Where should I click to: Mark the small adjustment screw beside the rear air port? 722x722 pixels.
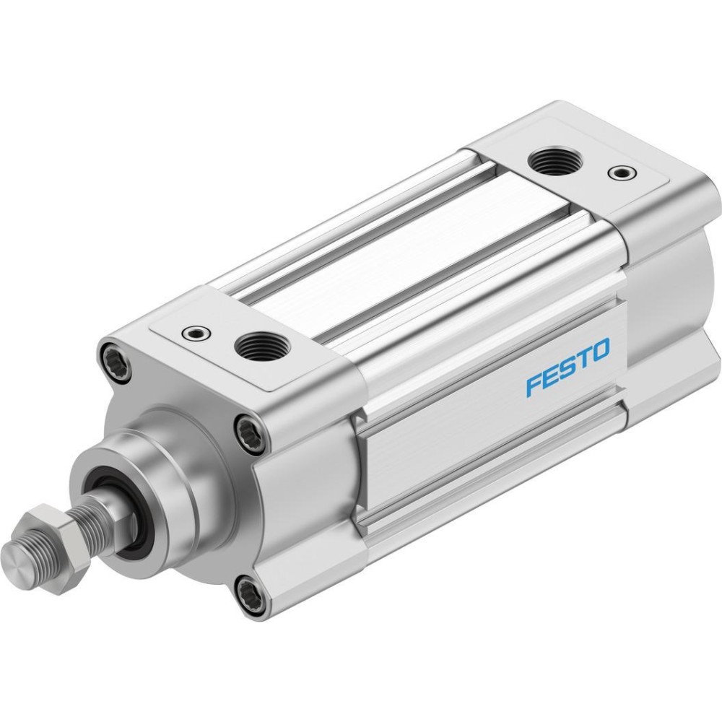622,173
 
